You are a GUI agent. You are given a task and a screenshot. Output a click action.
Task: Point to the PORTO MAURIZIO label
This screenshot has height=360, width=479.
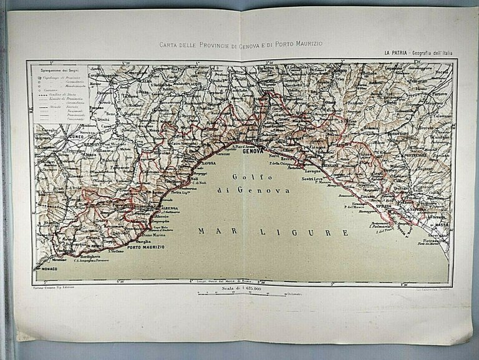146,248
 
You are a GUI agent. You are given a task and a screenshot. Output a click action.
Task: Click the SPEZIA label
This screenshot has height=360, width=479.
384,205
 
